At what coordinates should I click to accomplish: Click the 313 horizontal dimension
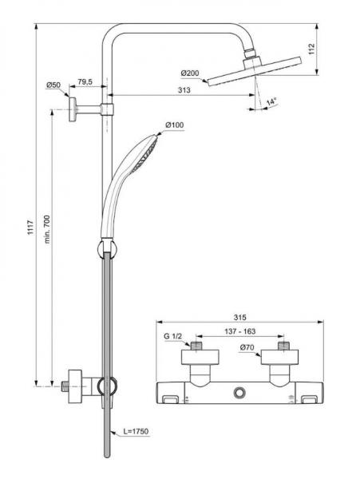pos(184,90)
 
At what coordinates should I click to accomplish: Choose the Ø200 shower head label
pos(192,73)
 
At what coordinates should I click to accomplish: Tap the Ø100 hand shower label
pos(175,125)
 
